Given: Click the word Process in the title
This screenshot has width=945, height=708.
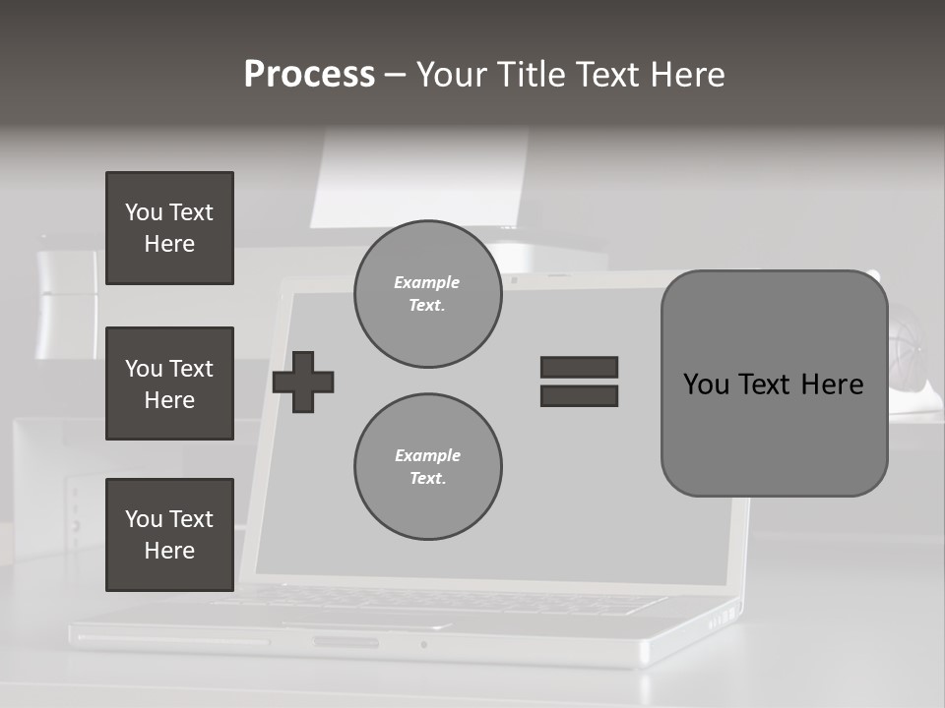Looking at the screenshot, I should point(309,75).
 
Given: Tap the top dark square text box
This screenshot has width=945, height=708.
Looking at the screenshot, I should point(169,228).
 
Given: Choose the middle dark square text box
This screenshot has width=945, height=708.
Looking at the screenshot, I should point(169,383).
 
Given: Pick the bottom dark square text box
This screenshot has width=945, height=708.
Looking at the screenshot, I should point(169,535).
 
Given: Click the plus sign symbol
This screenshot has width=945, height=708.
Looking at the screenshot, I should point(303,383).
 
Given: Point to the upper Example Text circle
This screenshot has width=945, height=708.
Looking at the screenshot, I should point(427,294).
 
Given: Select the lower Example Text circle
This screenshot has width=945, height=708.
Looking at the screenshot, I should point(427,467).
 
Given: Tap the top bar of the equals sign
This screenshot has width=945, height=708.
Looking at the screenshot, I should point(579,368).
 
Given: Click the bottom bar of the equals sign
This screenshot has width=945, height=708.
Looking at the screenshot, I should point(579,395).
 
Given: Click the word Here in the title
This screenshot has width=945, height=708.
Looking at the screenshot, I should point(687,75).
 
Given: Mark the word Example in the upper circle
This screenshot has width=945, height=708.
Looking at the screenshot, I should point(427,282).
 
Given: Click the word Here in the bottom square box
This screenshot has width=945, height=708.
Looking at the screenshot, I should point(169,551).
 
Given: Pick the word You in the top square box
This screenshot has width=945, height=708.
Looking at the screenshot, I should point(143,212).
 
